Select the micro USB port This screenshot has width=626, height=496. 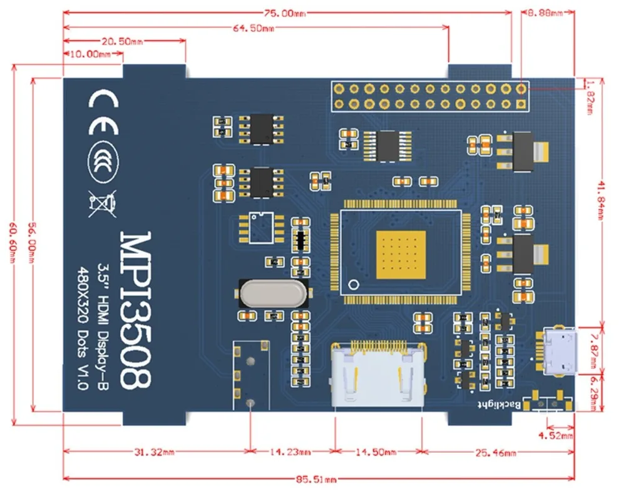[x=559, y=353]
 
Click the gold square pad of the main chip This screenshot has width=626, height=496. [x=401, y=253]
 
